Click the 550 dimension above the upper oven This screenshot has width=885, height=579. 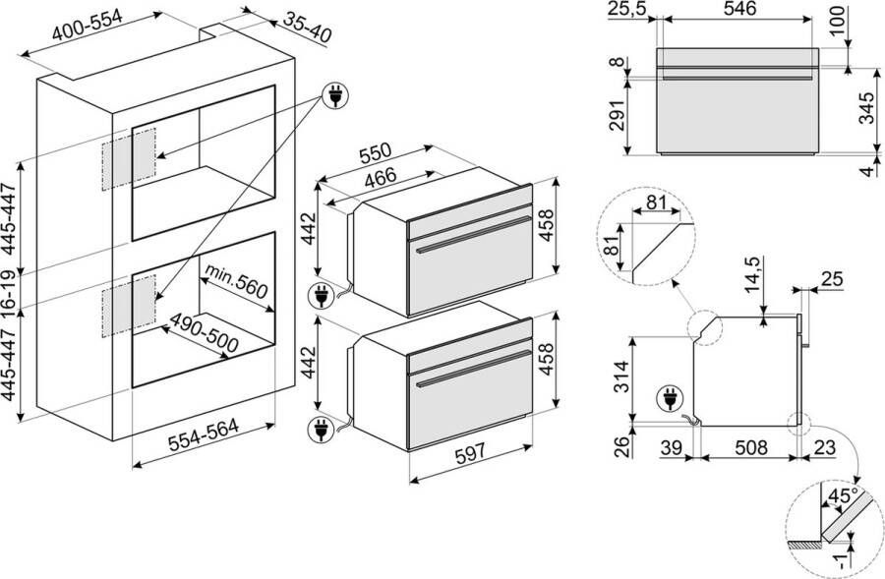click(375, 153)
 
